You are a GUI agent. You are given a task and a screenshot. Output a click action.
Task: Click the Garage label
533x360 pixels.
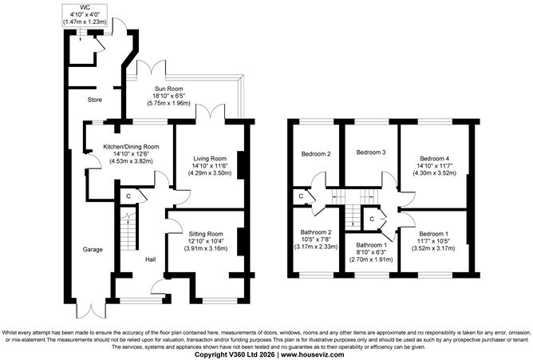(x=93, y=249)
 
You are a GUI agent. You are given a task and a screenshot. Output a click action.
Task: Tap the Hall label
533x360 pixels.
(x=150, y=259)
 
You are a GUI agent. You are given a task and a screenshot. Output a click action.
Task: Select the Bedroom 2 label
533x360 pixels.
(x=315, y=153)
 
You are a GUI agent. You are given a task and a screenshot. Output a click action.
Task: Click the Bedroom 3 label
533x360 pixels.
(x=371, y=152)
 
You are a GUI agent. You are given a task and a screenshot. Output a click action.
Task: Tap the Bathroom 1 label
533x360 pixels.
(x=371, y=245)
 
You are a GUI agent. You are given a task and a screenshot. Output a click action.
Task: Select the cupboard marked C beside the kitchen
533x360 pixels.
(x=128, y=195)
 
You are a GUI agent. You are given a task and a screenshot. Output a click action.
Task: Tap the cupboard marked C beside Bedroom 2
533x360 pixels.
(x=301, y=195)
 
